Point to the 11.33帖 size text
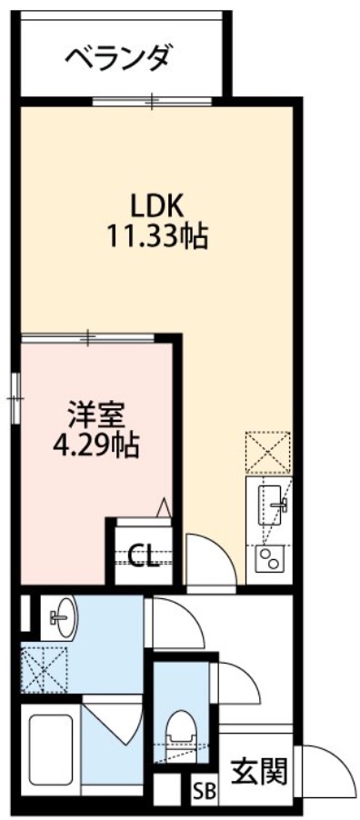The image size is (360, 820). click(x=155, y=237)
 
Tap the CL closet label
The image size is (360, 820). click(x=144, y=554)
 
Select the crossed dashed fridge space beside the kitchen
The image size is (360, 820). click(x=268, y=451)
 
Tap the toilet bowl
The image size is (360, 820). click(x=179, y=732)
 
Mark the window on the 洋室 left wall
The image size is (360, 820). click(x=15, y=396)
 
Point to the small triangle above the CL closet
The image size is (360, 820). click(x=164, y=506)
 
